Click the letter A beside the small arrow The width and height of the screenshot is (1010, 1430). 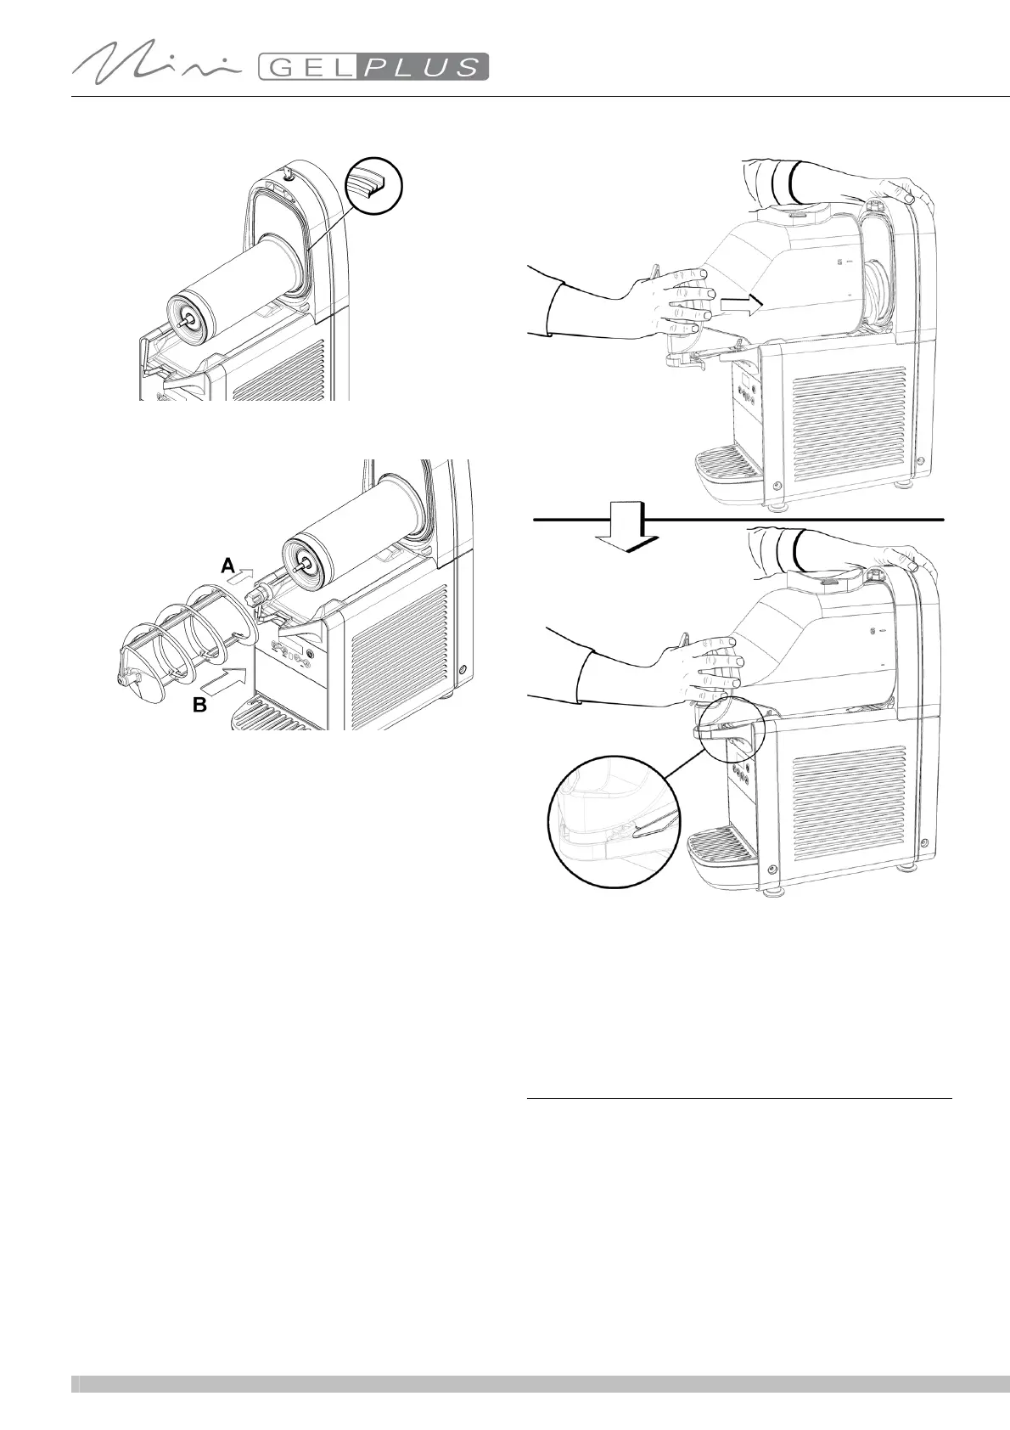[227, 565]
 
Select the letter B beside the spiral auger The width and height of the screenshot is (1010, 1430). [200, 705]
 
